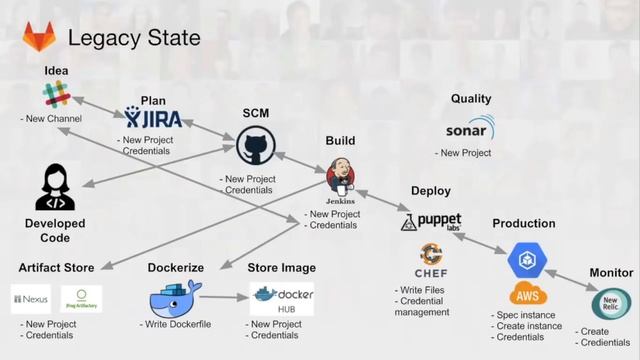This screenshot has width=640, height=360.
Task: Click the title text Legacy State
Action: pos(133,38)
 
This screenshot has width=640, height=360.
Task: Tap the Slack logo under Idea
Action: pos(54,96)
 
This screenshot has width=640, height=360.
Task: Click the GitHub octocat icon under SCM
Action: pos(255,148)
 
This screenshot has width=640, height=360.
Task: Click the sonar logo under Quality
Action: pos(470,130)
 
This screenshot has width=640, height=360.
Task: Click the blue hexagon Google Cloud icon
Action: pos(527,259)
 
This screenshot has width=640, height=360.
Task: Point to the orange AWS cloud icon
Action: pos(528,294)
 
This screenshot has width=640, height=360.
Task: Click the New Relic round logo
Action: pos(611,303)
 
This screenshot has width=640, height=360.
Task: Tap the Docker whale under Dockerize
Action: pos(175,297)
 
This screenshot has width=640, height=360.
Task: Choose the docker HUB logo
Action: pos(283,298)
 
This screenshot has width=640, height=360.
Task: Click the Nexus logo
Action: pos(30,299)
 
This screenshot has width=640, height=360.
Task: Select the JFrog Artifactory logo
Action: pos(82,299)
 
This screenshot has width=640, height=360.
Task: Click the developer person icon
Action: pos(55,187)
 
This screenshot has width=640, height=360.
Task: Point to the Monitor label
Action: pos(611,272)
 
